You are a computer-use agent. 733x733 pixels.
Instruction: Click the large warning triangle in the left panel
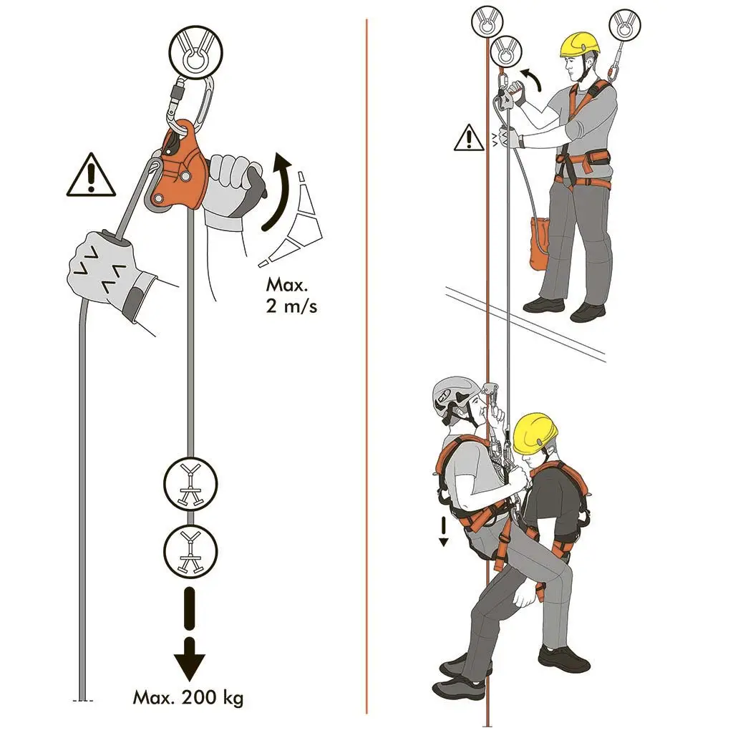click(x=91, y=176)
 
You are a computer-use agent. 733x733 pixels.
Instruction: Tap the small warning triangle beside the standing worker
click(x=469, y=138)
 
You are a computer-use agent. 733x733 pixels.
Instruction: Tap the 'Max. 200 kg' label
click(x=188, y=696)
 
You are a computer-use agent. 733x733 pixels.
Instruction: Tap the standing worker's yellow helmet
click(x=579, y=44)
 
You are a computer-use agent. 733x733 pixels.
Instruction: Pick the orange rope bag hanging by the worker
click(x=539, y=244)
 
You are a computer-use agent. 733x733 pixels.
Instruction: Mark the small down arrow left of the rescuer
click(x=443, y=532)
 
